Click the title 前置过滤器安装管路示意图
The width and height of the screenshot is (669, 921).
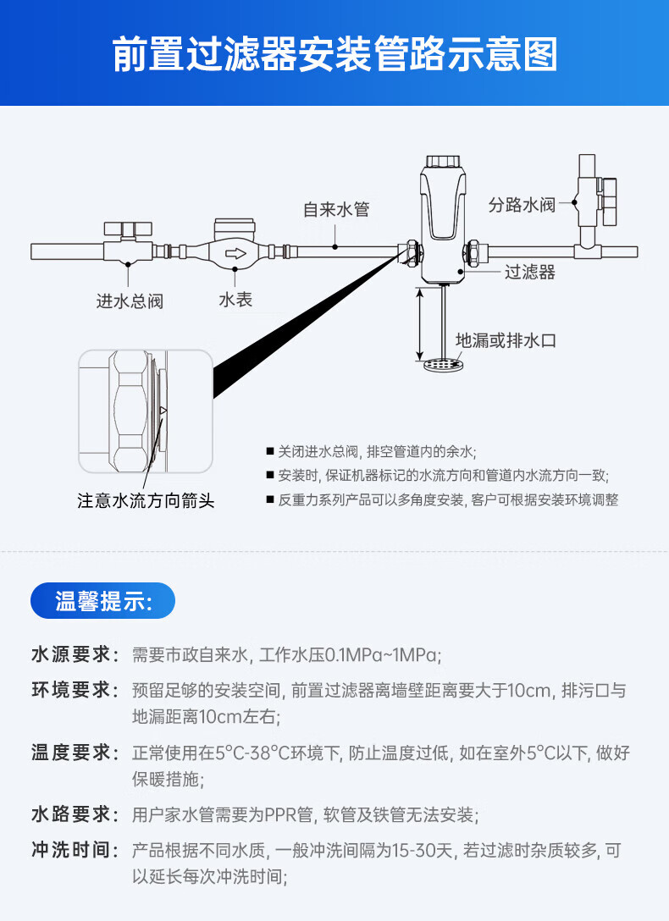point(334,54)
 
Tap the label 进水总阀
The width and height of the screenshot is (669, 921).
point(130,301)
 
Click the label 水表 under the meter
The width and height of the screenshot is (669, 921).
point(235,300)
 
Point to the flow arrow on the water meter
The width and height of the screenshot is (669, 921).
point(236,253)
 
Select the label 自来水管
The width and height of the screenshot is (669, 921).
point(336,209)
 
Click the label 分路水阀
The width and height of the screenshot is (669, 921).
point(522,204)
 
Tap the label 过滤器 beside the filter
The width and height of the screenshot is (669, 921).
point(530,272)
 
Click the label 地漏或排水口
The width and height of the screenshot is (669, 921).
point(506,340)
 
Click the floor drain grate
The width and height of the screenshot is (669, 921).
point(444,366)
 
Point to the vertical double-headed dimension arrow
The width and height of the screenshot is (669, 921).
point(419,323)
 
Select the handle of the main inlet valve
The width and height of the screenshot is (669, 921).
point(128,229)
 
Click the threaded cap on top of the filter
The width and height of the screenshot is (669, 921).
point(444,161)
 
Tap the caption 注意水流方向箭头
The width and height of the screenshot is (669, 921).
point(146,500)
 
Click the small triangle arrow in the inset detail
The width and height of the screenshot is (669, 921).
point(163,410)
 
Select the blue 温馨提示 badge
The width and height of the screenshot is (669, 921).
point(102,600)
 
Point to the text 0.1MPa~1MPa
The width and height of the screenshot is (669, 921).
point(382,654)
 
